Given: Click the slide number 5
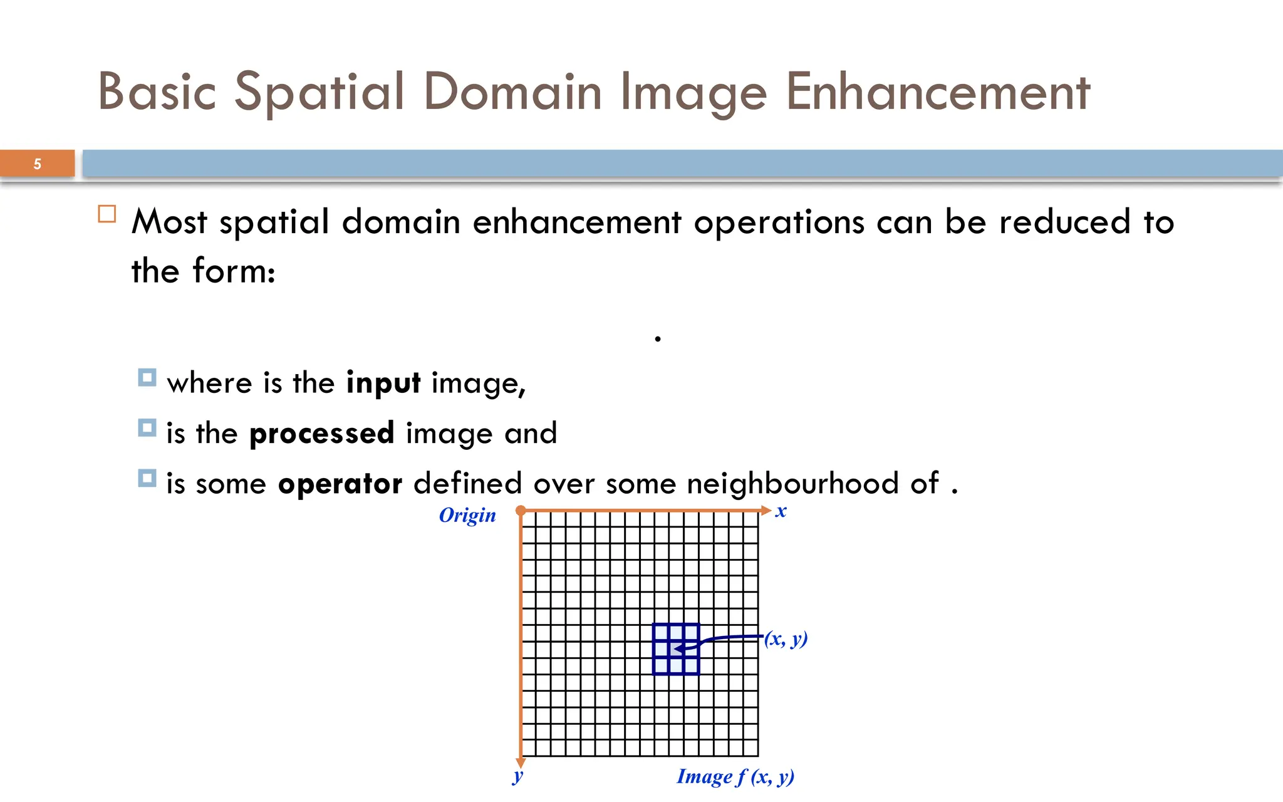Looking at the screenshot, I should [38, 164].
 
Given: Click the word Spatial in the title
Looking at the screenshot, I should [319, 93].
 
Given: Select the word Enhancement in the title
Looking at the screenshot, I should [938, 92].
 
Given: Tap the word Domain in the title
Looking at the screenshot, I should [513, 92].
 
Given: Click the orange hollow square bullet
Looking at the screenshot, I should [107, 214].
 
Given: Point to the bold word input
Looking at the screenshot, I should [383, 383].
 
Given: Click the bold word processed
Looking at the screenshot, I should [321, 434].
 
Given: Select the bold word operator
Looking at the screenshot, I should [340, 484].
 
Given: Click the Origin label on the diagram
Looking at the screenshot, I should [467, 515].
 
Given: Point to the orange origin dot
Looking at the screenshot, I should [521, 511].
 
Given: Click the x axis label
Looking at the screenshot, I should [781, 511].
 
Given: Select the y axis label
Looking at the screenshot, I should [517, 776].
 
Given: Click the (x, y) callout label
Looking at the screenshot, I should [786, 638].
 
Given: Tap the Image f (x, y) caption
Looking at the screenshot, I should [735, 777].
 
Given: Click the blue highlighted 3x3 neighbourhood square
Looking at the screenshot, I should [675, 649].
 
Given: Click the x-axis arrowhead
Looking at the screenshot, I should [766, 511].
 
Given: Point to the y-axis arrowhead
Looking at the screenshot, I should [521, 762].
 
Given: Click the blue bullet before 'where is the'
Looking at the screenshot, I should [147, 378].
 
